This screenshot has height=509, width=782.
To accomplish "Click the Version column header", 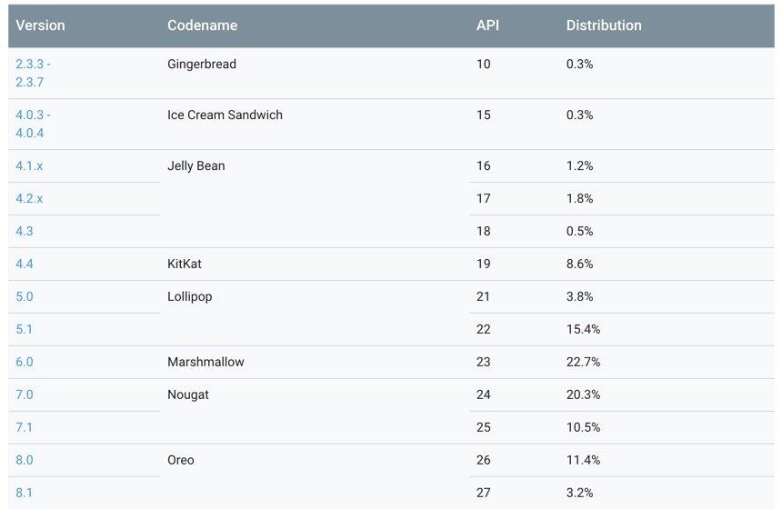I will pyautogui.click(x=40, y=25).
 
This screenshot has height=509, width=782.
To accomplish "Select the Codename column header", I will pyautogui.click(x=202, y=25).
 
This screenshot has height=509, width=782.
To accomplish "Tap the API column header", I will pyautogui.click(x=487, y=25).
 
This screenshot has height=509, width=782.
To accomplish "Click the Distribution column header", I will pyautogui.click(x=604, y=25).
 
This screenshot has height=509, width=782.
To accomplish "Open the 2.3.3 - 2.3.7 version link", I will pyautogui.click(x=33, y=73).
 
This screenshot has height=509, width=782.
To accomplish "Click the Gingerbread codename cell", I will pyautogui.click(x=201, y=65).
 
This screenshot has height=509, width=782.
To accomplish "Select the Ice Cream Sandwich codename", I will pyautogui.click(x=225, y=115).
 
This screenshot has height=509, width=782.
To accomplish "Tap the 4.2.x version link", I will pyautogui.click(x=29, y=198).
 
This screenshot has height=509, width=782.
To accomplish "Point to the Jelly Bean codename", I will pyautogui.click(x=195, y=166).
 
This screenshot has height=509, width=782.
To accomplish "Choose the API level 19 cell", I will pyautogui.click(x=483, y=264).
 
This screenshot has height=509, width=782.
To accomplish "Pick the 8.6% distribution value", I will pyautogui.click(x=579, y=264).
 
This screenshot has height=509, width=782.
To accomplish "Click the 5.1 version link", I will pyautogui.click(x=24, y=329).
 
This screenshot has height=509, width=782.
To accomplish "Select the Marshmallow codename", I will pyautogui.click(x=206, y=362).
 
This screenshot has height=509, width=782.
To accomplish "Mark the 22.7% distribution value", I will pyautogui.click(x=583, y=362).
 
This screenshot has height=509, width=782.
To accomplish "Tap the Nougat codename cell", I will pyautogui.click(x=188, y=394).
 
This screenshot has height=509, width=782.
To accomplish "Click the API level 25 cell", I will pyautogui.click(x=483, y=427).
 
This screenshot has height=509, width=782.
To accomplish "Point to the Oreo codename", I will pyautogui.click(x=181, y=460).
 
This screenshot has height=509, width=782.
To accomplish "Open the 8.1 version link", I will pyautogui.click(x=24, y=493).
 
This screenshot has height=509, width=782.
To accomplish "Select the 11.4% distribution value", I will pyautogui.click(x=583, y=460).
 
